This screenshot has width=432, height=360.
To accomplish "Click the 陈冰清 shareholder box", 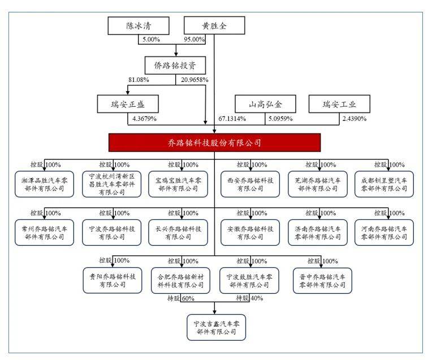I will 139,26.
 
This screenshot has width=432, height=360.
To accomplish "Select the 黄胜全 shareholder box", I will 214,26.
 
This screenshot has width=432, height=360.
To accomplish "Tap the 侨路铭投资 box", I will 176,65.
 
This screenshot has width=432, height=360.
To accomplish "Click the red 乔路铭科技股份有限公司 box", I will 214,143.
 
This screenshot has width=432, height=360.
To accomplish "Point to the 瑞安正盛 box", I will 127,105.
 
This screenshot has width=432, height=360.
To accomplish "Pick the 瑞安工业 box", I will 339,105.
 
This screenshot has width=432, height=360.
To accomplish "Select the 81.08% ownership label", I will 139,80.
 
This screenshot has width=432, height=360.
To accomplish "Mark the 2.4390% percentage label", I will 355,119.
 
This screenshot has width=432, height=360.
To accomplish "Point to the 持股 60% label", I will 182,298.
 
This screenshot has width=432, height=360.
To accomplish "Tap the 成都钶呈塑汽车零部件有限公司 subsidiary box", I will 384,184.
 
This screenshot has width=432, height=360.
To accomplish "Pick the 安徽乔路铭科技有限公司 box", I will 249,232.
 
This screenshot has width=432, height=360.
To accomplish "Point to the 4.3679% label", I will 144,119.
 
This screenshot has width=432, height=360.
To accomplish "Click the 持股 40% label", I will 249,298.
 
